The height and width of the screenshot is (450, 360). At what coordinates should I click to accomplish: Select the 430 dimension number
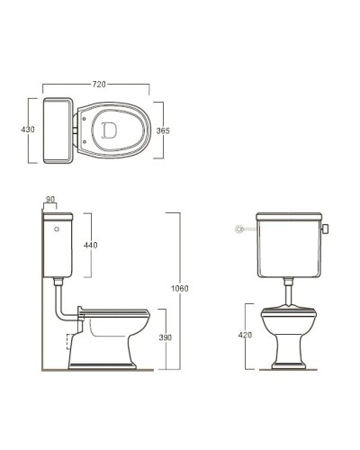point(28,130)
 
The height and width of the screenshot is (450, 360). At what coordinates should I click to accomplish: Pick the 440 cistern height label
point(90,244)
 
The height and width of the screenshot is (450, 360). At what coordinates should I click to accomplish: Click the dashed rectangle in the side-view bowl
point(72,343)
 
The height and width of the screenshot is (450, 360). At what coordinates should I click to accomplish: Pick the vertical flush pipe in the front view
point(289,290)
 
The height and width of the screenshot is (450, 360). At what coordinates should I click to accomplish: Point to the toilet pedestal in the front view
point(289,346)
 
